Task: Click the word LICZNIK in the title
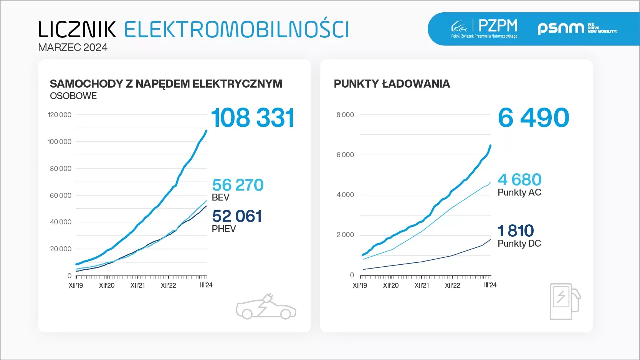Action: coord(77,30)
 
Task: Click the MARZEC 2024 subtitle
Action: coord(73,48)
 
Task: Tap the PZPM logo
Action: coord(485,28)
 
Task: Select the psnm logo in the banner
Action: coord(577,28)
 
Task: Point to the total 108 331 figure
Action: coord(253,118)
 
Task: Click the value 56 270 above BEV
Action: coord(238,185)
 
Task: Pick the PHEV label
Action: coord(224,229)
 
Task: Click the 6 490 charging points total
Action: coord(533,118)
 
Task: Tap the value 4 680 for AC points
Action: coord(519,179)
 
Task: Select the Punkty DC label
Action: coord(519,244)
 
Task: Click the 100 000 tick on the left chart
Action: coord(60,142)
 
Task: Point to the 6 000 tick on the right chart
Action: coord(345,155)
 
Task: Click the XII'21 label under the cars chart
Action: coord(137,285)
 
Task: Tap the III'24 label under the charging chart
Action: coord(490,285)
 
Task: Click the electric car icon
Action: coord(266,307)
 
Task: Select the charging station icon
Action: coord(565,301)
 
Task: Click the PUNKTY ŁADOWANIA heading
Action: coord(392,84)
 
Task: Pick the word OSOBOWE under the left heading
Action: coord(73,96)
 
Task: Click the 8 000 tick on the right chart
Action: coord(345,115)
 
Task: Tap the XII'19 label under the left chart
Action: coord(76,285)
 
